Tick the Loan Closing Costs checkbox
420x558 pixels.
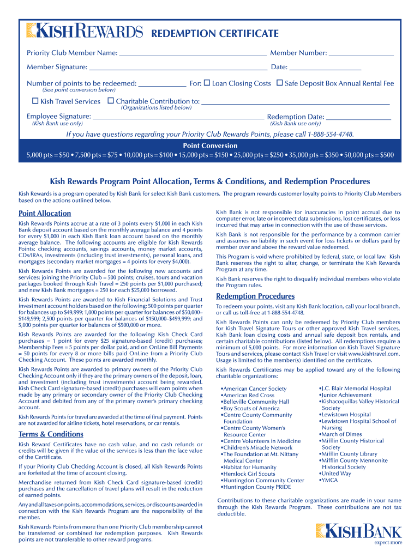[x=207, y=83]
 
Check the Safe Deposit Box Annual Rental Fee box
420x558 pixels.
[x=279, y=83]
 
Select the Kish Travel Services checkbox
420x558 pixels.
[x=35, y=101]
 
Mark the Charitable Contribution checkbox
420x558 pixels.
[x=110, y=101]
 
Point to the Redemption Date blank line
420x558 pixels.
[x=358, y=118]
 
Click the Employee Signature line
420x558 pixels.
[x=178, y=118]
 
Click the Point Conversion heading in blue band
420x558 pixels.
[x=210, y=145]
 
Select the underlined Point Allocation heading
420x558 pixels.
[x=45, y=214]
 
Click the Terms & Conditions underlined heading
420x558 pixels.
[x=51, y=434]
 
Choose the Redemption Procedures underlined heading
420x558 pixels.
[x=255, y=296]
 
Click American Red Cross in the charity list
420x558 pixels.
[x=249, y=395]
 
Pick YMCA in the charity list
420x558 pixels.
[x=331, y=480]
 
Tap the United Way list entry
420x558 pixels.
[x=336, y=474]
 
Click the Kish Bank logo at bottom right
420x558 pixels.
[x=358, y=532]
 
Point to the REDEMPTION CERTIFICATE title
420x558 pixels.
[x=215, y=33]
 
